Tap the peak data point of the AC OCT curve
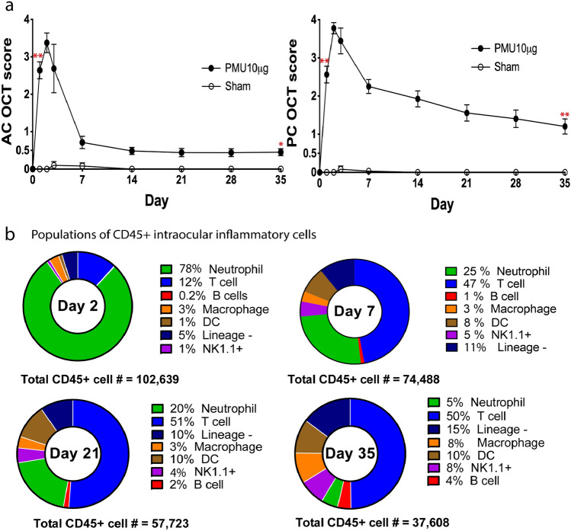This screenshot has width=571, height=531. pos(47,43)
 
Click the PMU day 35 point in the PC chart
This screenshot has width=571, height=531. pos(564,127)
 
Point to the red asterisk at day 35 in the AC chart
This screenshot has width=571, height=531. pos(281,144)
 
